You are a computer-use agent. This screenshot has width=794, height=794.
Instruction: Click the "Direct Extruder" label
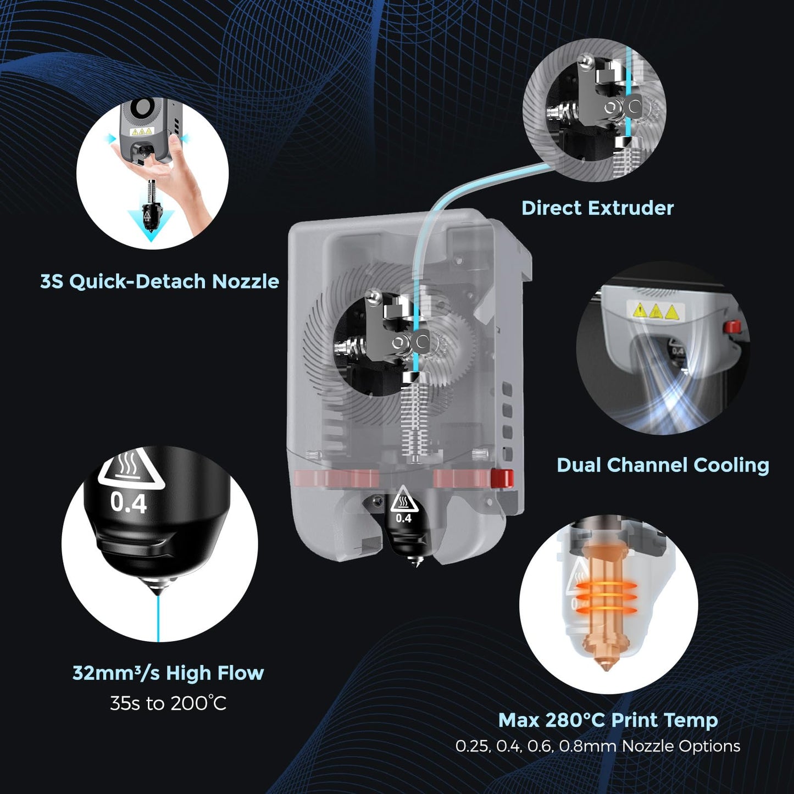point(597,208)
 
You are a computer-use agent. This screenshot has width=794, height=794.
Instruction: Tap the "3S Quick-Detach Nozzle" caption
point(159,281)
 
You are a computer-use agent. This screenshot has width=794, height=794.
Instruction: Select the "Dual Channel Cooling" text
point(663,465)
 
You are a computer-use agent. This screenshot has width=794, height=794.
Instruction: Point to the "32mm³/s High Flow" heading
point(168,673)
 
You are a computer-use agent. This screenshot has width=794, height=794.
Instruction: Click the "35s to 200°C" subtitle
point(168,703)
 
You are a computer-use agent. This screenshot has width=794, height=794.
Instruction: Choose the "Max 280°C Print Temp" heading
point(608,720)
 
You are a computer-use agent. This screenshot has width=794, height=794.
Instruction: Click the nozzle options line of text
point(598,746)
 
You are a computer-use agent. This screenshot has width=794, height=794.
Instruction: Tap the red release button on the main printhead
point(502,477)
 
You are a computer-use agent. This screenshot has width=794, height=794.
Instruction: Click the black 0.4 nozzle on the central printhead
point(405,530)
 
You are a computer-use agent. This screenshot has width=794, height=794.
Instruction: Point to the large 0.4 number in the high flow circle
point(129,503)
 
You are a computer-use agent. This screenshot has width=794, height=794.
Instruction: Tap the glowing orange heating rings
point(606,596)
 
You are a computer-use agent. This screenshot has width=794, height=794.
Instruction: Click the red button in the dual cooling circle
point(732,327)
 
